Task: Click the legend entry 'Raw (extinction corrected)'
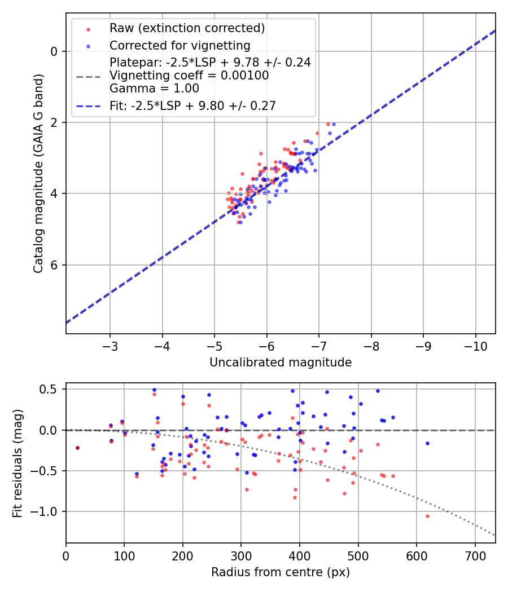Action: (187, 28)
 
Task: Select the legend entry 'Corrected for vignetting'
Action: (180, 45)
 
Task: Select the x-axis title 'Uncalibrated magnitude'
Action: (281, 363)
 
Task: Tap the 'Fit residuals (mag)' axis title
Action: (17, 463)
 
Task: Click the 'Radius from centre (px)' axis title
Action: (281, 572)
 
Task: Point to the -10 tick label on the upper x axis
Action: (475, 345)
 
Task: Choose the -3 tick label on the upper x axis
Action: (110, 345)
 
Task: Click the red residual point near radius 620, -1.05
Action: (427, 516)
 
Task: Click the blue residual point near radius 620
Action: (427, 443)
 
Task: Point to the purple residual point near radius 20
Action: (77, 448)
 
